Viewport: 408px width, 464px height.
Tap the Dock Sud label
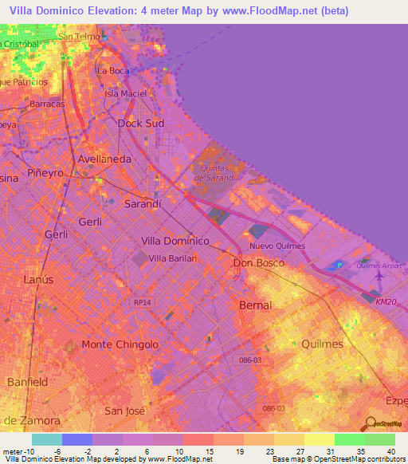point(140,124)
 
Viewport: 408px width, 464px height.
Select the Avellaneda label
point(104,159)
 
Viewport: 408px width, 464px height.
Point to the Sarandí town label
point(143,204)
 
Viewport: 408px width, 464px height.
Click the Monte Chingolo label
point(120,344)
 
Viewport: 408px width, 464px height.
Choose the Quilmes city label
point(323,344)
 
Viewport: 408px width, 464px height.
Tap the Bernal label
point(255,305)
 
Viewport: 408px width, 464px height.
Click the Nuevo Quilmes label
point(277,246)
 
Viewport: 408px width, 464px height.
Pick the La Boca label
point(112,70)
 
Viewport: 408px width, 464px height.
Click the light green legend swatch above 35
point(350,439)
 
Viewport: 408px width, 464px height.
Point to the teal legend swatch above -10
point(47,439)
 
